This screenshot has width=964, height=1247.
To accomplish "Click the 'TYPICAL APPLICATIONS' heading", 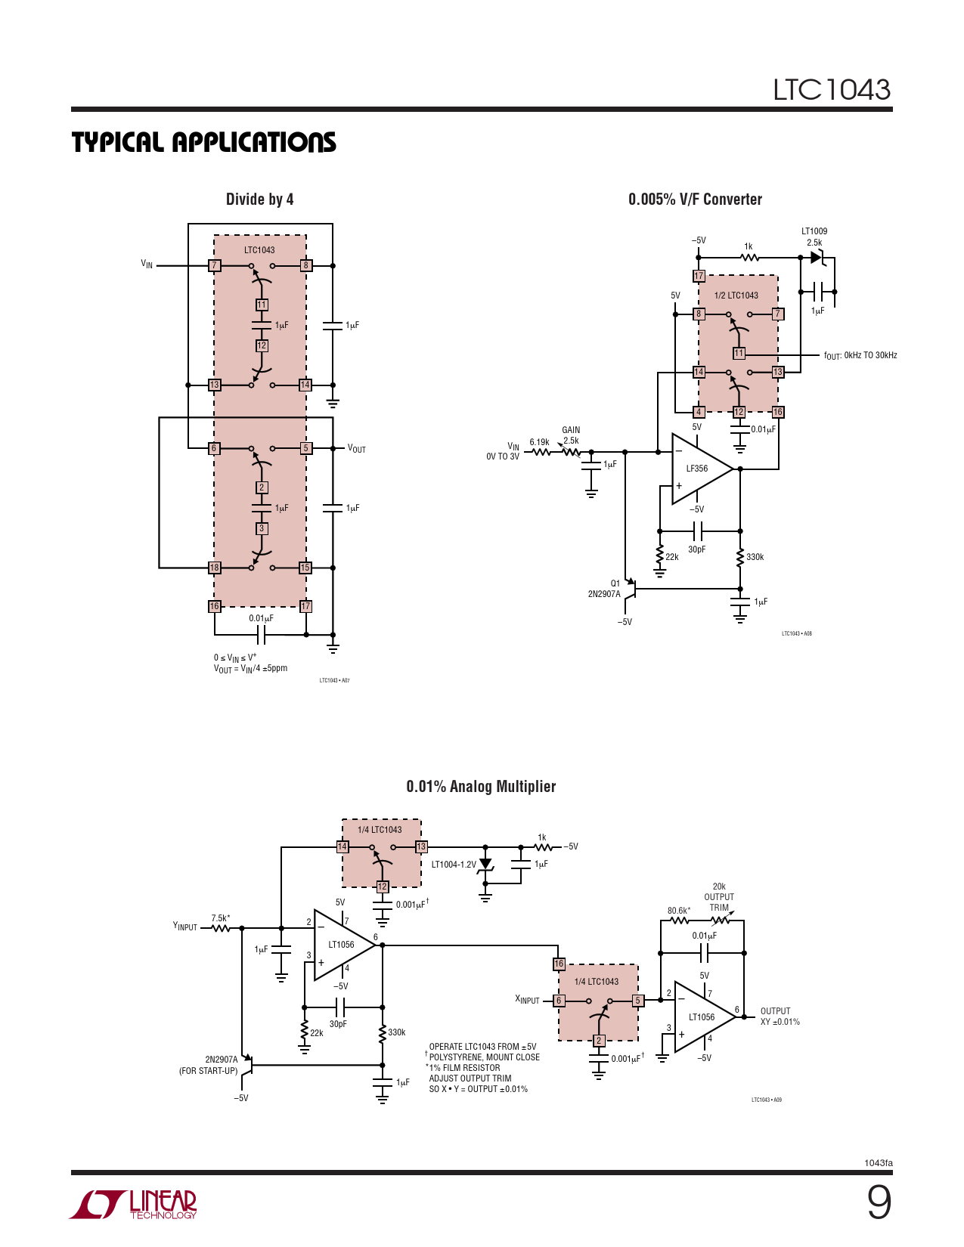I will click(203, 142).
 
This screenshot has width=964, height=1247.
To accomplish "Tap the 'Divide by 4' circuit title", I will click(259, 200).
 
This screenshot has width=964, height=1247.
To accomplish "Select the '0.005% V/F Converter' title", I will click(695, 200).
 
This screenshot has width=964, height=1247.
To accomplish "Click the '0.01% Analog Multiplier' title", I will click(481, 787).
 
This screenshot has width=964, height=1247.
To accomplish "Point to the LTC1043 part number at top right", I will click(831, 90).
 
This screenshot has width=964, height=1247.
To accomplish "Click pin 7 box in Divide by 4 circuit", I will click(214, 266).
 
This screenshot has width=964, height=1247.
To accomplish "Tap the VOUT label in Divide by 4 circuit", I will click(356, 449).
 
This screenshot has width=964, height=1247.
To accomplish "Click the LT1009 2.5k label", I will click(814, 237).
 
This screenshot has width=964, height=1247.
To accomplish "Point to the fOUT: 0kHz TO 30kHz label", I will click(860, 355).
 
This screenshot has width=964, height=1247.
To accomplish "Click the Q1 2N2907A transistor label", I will click(605, 589).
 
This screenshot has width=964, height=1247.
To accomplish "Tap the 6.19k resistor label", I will click(539, 442).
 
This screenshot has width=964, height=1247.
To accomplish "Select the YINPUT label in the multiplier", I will click(185, 927).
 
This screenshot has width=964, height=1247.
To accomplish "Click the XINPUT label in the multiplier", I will click(527, 1000).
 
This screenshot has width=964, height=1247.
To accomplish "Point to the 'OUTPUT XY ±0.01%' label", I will click(780, 1016).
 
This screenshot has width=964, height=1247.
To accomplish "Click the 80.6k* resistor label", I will click(678, 911).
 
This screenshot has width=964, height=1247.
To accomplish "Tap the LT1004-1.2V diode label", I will click(454, 865).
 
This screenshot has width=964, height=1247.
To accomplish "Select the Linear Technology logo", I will click(134, 1204).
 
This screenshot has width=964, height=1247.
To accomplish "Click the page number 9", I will click(879, 1202).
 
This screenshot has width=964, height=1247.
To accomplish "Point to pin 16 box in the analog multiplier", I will click(559, 964).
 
